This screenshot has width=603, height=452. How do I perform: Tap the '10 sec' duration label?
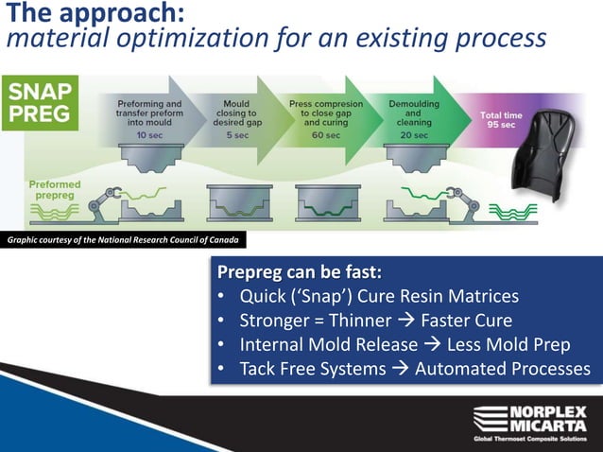(x=148, y=135)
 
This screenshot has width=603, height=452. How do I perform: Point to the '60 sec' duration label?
(x=326, y=135)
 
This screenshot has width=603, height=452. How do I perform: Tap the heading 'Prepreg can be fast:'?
(x=300, y=273)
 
